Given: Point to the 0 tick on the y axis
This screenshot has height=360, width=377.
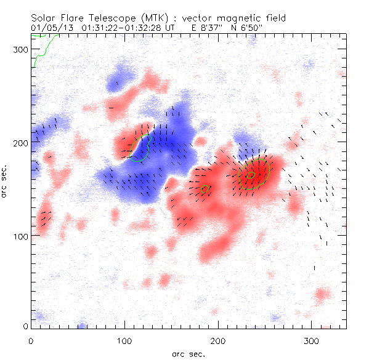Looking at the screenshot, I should coord(25,326).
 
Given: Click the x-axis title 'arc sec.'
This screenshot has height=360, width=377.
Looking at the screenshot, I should coord(188,353).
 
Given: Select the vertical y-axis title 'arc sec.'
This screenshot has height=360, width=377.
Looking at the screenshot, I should coord(6,182).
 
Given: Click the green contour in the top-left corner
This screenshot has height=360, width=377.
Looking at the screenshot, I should coord(42,49).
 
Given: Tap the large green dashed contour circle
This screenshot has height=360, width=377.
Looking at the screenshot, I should coord(255,174).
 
